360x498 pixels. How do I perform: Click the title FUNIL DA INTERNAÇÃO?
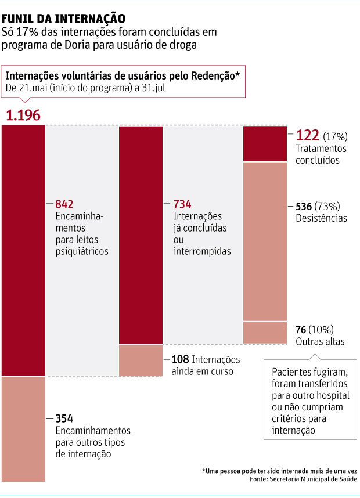click(63, 19)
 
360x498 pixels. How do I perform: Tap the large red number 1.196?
click(23, 115)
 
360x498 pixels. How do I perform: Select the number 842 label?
click(65, 204)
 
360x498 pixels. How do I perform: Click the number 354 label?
click(65, 418)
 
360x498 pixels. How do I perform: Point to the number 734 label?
click(182, 204)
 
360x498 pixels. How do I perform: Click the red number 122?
click(307, 136)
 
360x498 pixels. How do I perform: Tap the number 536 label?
click(304, 206)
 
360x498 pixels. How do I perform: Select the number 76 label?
click(301, 329)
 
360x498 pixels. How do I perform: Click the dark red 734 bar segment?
click(141, 235)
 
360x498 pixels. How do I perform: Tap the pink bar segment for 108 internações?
click(141, 360)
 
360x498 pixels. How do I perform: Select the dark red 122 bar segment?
click(264, 143)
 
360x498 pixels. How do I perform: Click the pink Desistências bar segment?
click(264, 241)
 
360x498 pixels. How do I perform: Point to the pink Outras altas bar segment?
click(264, 332)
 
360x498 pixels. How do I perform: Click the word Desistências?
click(321, 218)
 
